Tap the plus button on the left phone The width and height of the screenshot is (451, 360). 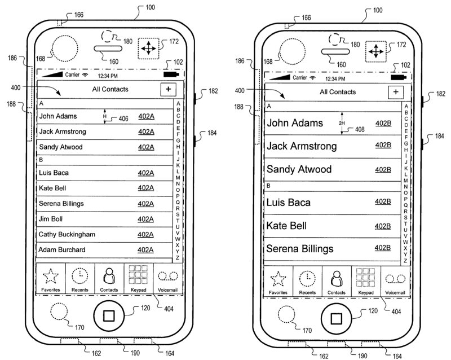(x=168, y=89)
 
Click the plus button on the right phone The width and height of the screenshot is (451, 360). (x=396, y=92)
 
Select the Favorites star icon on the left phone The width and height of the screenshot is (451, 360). (x=51, y=276)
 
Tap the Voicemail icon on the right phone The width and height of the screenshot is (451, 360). (x=395, y=279)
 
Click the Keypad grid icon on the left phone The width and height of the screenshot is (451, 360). (x=138, y=274)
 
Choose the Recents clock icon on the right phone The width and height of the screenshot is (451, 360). (x=307, y=279)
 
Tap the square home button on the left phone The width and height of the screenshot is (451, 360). (x=109, y=315)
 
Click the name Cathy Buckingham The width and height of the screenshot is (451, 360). (x=67, y=234)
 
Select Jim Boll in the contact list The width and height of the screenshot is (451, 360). (x=51, y=219)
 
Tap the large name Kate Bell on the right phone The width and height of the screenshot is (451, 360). (x=286, y=226)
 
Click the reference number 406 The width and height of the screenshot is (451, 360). (x=123, y=118)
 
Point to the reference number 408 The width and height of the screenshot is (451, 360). (x=360, y=130)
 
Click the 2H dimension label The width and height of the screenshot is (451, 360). (x=342, y=123)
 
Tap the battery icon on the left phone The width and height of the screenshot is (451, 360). (x=171, y=74)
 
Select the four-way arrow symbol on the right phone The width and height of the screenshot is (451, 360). (x=376, y=51)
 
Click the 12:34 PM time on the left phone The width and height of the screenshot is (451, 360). (x=108, y=76)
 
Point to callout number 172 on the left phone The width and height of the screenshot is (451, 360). (x=174, y=41)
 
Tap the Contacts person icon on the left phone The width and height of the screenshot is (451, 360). (x=109, y=276)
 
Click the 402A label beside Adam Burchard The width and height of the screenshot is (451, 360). (x=145, y=250)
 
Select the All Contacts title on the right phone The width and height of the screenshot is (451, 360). (x=338, y=92)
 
